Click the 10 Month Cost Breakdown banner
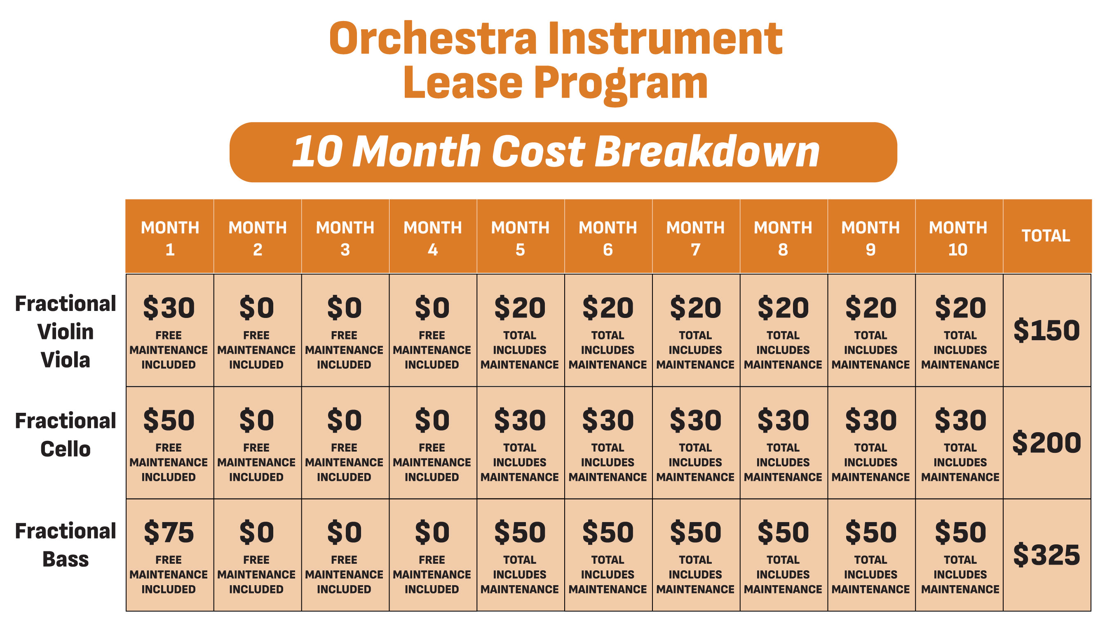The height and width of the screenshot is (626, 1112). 563,152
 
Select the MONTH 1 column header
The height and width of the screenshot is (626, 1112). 170,238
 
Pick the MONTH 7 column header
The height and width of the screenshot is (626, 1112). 695,238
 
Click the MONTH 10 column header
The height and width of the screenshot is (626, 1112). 958,238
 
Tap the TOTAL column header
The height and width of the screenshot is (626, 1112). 1046,236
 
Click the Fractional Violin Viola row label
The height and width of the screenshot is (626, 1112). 66,332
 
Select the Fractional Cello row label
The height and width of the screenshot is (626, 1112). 66,435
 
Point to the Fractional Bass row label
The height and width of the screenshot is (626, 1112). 66,545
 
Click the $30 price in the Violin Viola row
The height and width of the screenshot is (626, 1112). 169,308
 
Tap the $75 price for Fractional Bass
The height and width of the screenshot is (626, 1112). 169,532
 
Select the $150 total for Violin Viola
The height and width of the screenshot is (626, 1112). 1046,330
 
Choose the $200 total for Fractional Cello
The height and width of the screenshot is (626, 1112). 1046,442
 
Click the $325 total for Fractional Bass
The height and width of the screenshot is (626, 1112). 1046,555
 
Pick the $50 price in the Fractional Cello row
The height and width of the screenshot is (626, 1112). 169,420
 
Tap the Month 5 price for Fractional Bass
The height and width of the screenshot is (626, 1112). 520,532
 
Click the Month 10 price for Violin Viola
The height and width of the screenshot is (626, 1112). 960,308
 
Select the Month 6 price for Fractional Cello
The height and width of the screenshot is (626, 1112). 608,420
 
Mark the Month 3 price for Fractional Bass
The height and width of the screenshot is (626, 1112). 344,532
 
